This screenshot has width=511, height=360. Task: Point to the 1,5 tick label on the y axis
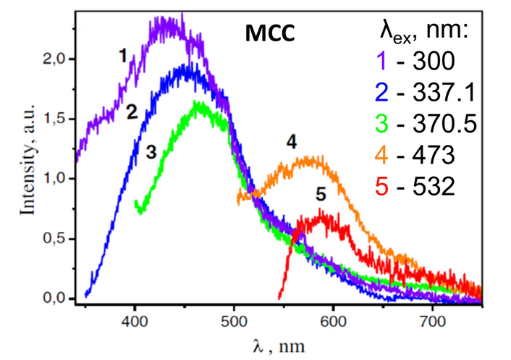point(55,119)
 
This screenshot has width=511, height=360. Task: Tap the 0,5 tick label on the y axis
point(55,238)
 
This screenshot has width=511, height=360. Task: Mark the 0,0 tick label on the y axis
point(55,298)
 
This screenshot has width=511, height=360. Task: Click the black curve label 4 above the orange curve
point(292,143)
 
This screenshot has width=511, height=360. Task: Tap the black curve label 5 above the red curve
point(321,193)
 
